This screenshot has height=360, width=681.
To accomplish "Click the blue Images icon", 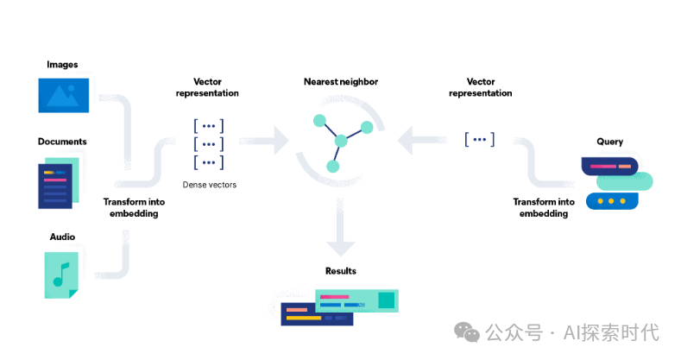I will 63,95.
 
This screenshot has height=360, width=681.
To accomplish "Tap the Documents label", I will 62,142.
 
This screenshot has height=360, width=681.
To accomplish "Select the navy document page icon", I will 55,186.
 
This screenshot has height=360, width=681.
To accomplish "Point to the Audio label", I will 62,237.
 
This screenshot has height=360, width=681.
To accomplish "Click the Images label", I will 62,65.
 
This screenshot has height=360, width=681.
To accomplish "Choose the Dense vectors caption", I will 209,185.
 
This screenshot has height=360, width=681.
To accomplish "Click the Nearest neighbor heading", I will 340,82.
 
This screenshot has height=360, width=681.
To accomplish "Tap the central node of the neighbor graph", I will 341,140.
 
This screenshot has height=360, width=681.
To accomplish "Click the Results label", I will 341,271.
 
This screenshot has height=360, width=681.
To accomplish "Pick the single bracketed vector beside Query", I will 479,138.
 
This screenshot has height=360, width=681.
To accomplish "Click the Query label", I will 609,142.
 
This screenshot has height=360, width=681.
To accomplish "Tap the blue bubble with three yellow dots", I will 611,200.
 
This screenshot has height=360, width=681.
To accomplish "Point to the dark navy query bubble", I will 611,165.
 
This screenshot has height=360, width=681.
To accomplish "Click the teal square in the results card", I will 386,300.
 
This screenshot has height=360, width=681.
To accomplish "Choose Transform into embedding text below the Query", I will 544,207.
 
